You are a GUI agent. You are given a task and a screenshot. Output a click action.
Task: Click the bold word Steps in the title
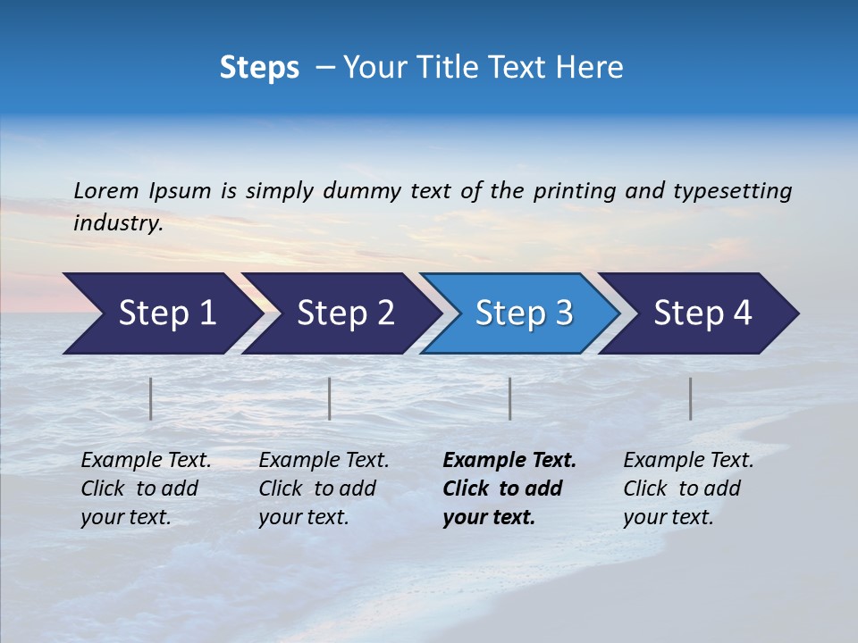point(259,68)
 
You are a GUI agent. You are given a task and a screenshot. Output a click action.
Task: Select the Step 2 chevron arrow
point(345,313)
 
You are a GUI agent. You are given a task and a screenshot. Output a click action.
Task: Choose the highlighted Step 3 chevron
point(524,313)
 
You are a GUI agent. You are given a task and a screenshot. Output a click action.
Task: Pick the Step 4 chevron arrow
point(702,313)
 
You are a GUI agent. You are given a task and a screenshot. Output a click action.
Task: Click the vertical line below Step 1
point(151,398)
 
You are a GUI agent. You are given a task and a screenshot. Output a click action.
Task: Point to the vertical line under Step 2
point(330,398)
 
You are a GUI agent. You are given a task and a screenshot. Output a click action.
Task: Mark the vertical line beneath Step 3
point(510,398)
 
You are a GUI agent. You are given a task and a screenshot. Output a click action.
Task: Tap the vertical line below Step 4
point(691,398)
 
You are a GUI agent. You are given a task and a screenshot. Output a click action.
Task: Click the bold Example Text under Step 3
point(509,461)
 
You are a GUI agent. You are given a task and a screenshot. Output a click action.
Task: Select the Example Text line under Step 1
point(146,461)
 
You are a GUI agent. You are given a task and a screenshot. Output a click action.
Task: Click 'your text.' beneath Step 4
point(668,517)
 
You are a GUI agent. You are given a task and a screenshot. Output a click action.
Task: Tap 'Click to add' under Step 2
point(317,489)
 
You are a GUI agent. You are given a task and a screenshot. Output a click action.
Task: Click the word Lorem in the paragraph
point(106,191)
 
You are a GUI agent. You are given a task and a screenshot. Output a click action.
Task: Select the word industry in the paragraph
point(117,223)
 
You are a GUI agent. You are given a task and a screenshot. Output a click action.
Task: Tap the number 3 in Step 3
point(563,313)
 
